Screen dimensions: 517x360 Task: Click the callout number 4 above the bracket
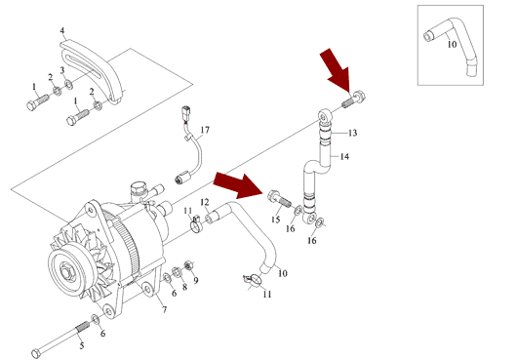pyautogui.click(x=62, y=30)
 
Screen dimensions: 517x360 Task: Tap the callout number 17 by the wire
pyautogui.click(x=205, y=130)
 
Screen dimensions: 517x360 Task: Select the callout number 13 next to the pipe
pyautogui.click(x=352, y=133)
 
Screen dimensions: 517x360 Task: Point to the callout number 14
pyautogui.click(x=344, y=156)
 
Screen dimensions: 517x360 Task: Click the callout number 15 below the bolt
pyautogui.click(x=276, y=220)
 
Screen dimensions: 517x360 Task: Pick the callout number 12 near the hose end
pyautogui.click(x=205, y=202)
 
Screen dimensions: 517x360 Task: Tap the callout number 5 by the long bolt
pyautogui.click(x=81, y=345)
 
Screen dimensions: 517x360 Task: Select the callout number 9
pyautogui.click(x=196, y=281)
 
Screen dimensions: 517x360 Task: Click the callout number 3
pyautogui.click(x=62, y=70)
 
